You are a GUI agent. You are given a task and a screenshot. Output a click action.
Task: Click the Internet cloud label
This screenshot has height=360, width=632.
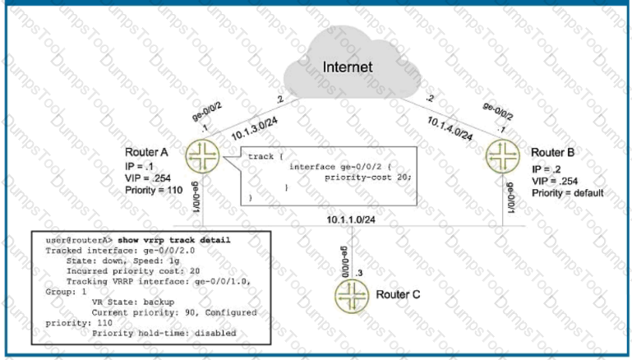[x=348, y=67]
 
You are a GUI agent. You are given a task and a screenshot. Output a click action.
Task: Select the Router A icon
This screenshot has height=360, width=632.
[x=202, y=156]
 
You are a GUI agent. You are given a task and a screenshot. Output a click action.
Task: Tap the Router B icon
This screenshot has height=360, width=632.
[x=503, y=156]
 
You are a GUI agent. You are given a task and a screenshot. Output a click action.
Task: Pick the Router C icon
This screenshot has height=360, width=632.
[x=352, y=296]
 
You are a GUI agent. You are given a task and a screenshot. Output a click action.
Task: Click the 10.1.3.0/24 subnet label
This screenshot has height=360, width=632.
[x=255, y=129]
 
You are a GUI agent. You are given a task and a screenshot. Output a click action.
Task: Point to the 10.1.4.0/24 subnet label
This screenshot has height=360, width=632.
[x=450, y=128]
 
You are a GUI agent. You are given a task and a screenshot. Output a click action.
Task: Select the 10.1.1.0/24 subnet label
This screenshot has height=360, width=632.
[x=351, y=219]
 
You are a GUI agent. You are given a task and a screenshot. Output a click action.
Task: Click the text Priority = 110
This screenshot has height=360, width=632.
[x=154, y=190]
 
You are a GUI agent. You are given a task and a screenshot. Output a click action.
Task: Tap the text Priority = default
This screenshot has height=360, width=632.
[x=568, y=193]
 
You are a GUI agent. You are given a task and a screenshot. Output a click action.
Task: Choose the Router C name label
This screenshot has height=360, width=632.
[x=398, y=294]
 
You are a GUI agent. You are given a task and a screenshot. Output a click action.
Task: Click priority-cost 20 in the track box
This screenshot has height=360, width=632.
[x=368, y=178]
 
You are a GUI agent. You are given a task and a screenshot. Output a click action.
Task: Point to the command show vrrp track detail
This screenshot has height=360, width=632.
[x=174, y=240]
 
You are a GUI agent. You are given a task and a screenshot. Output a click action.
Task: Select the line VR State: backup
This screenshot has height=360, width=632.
[x=133, y=302]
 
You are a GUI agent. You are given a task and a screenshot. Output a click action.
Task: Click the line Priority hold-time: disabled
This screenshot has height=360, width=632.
[x=164, y=333]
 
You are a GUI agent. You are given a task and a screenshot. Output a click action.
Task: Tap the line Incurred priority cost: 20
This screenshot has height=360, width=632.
[x=133, y=271]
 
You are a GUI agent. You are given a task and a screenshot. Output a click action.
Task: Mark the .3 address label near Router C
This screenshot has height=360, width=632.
[x=358, y=273]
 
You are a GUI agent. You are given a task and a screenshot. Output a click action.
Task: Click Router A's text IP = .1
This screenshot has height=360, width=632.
[x=139, y=167]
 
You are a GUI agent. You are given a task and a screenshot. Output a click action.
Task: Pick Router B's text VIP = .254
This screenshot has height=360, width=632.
[x=555, y=181]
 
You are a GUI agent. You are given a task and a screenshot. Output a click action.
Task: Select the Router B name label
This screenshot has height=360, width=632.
[x=552, y=152]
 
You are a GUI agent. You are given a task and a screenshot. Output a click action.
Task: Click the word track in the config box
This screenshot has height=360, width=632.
[x=261, y=156]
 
